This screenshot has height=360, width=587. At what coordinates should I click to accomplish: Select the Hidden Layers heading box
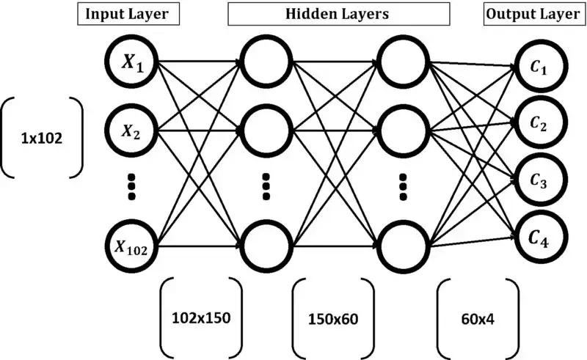tap(338, 14)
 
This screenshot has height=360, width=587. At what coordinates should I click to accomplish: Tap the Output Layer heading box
tap(531, 14)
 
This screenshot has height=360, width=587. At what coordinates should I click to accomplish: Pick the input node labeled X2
tap(133, 132)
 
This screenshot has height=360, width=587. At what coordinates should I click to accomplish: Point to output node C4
tap(542, 238)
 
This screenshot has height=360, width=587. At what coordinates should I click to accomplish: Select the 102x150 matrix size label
tap(200, 317)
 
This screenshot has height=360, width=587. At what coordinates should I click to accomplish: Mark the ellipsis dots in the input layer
tap(133, 186)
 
